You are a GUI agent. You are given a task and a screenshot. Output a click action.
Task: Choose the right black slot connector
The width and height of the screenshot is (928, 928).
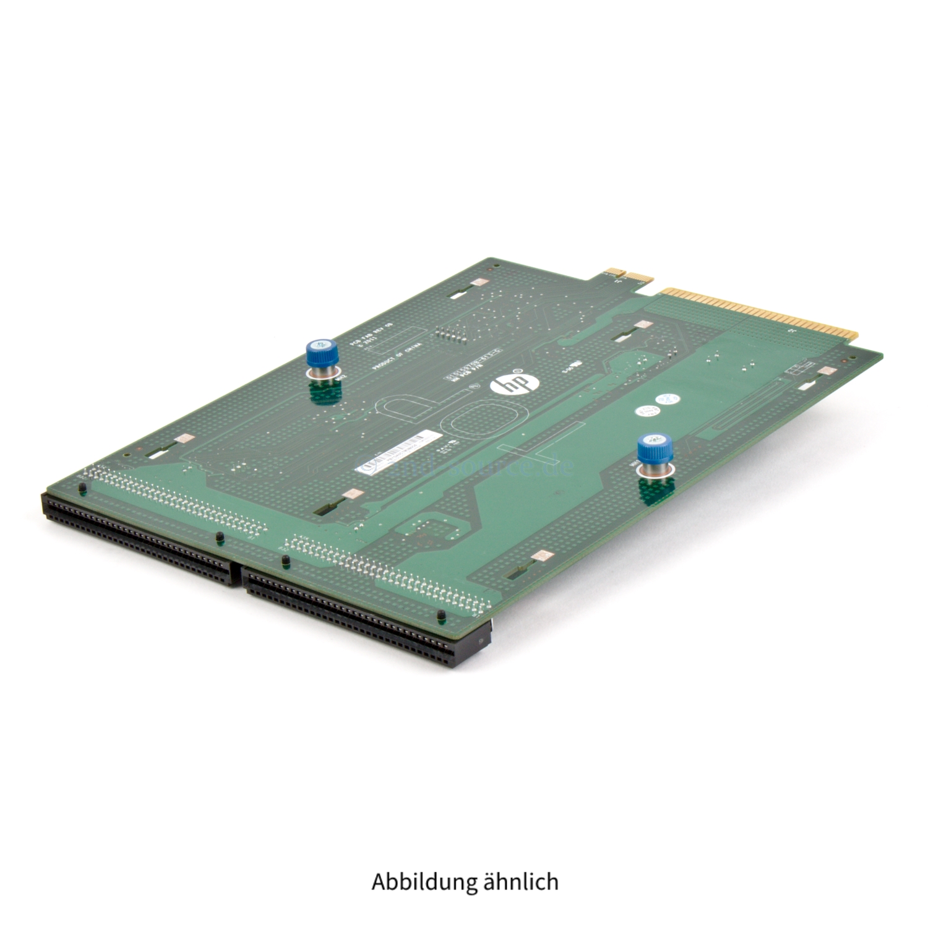click(x=365, y=619)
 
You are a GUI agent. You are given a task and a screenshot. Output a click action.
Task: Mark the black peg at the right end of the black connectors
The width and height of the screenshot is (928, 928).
click(x=441, y=616)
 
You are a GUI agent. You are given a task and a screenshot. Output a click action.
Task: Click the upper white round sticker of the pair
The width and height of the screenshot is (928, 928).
click(x=666, y=400)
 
